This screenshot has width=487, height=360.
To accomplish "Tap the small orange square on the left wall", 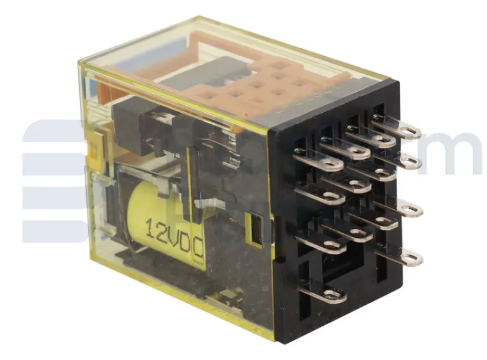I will (96, 143).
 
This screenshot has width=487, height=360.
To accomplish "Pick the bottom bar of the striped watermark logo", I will (54, 231).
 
